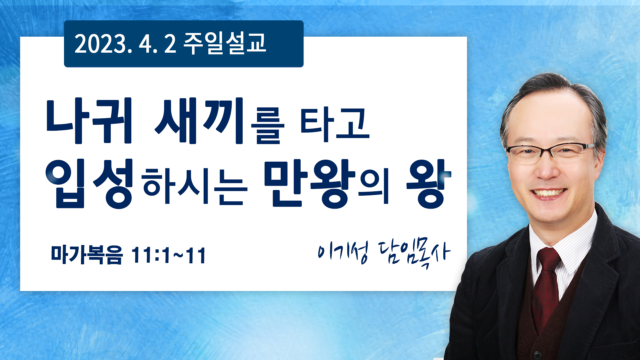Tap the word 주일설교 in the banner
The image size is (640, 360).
(x=225, y=44)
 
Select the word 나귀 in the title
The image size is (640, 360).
(x=89, y=121)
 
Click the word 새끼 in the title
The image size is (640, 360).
(x=199, y=121)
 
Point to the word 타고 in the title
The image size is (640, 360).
(x=335, y=125)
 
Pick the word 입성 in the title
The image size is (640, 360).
(x=90, y=184)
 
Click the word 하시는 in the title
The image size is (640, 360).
(x=195, y=185)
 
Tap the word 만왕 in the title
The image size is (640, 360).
(x=310, y=184)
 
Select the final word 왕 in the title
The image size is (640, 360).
(x=429, y=184)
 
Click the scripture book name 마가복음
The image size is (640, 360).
(x=87, y=255)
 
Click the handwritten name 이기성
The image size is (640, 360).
(x=343, y=252)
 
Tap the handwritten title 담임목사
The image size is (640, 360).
(x=414, y=253)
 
